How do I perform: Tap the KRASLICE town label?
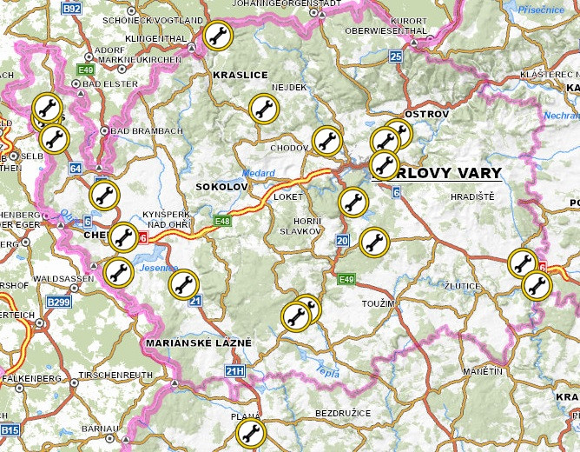pyautogui.click(x=240, y=76)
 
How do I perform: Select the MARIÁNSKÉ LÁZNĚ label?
pyautogui.click(x=199, y=343)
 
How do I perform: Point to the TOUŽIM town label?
pyautogui.click(x=379, y=303)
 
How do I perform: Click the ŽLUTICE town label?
pyautogui.click(x=464, y=285)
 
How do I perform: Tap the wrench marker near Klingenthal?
pyautogui.click(x=218, y=36)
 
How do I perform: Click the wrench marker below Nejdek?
pyautogui.click(x=264, y=109)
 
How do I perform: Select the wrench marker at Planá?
pyautogui.click(x=252, y=433)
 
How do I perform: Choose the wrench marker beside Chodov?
pyautogui.click(x=326, y=139)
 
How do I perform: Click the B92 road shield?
pyautogui.click(x=72, y=8)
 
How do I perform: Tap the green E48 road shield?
pyautogui.click(x=222, y=221)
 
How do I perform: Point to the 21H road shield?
pyautogui.click(x=234, y=371)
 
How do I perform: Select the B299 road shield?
pyautogui.click(x=59, y=302)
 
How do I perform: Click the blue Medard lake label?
pyautogui.click(x=259, y=172)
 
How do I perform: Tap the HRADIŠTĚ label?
pyautogui.click(x=472, y=197)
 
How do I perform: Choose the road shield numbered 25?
pyautogui.click(x=396, y=56)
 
